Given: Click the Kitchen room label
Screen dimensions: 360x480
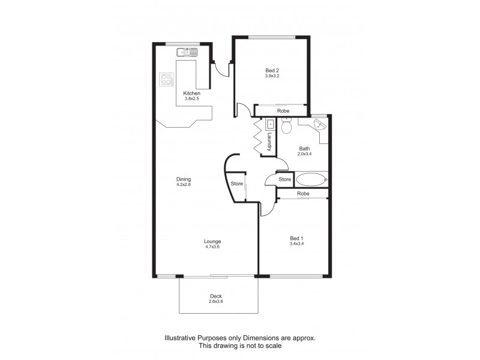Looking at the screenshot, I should click(191, 93).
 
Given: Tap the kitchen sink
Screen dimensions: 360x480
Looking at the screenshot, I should click(187, 53).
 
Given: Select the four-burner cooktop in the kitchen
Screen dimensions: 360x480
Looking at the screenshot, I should click(166, 79).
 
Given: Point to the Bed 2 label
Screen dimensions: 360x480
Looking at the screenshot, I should click(272, 70).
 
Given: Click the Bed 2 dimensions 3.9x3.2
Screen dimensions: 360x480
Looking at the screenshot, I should click(272, 76).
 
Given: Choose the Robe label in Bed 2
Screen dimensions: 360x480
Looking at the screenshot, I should click(283, 111).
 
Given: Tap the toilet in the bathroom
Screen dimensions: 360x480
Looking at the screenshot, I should click(286, 127).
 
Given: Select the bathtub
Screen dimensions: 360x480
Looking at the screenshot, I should click(310, 179).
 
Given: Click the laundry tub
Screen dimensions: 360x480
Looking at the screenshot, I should click(270, 125).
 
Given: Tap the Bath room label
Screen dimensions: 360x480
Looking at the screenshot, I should click(305, 149).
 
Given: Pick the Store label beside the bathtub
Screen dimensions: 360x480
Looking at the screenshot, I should click(284, 179).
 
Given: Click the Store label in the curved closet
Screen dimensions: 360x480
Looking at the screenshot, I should click(236, 184).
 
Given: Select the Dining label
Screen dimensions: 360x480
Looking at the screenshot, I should click(183, 179).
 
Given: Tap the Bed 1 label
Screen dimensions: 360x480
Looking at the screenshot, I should click(296, 238).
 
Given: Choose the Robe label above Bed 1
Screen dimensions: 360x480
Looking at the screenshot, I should click(303, 194).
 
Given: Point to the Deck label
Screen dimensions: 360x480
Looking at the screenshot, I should click(216, 296).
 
